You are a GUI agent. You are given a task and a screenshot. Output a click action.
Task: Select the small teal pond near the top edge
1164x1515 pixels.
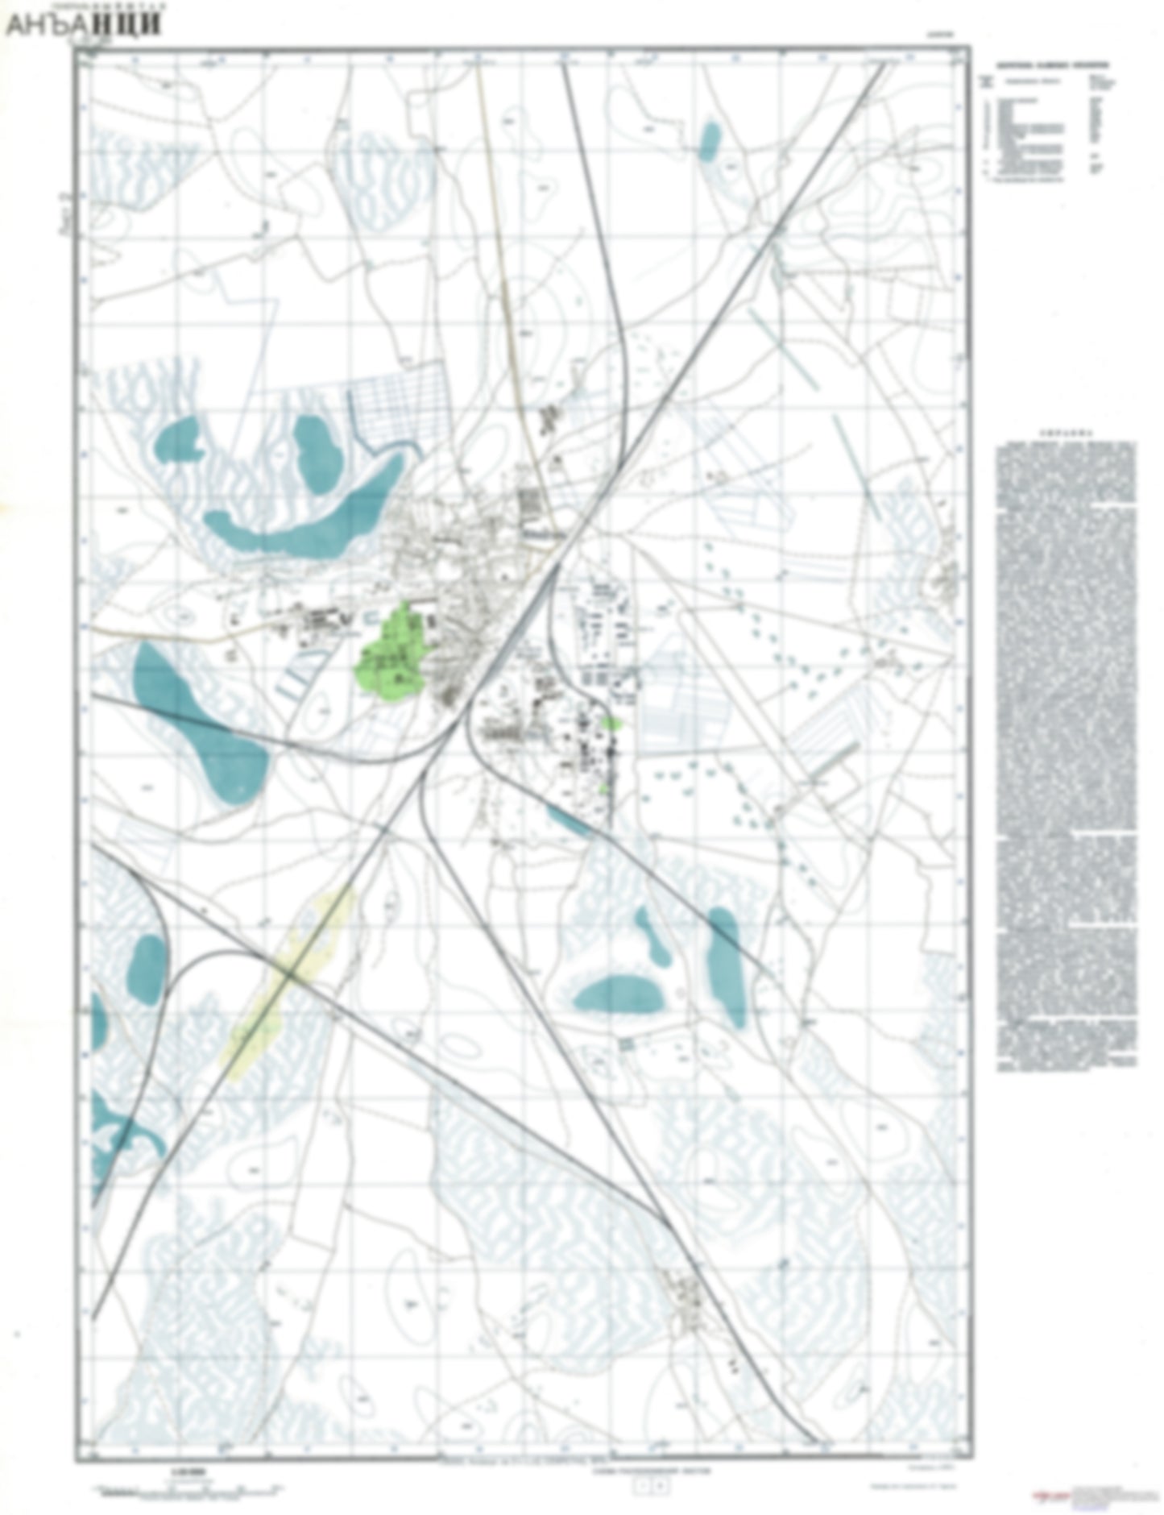click(709, 140)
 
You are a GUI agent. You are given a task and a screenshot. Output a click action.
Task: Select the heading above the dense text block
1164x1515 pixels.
click(1065, 432)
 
